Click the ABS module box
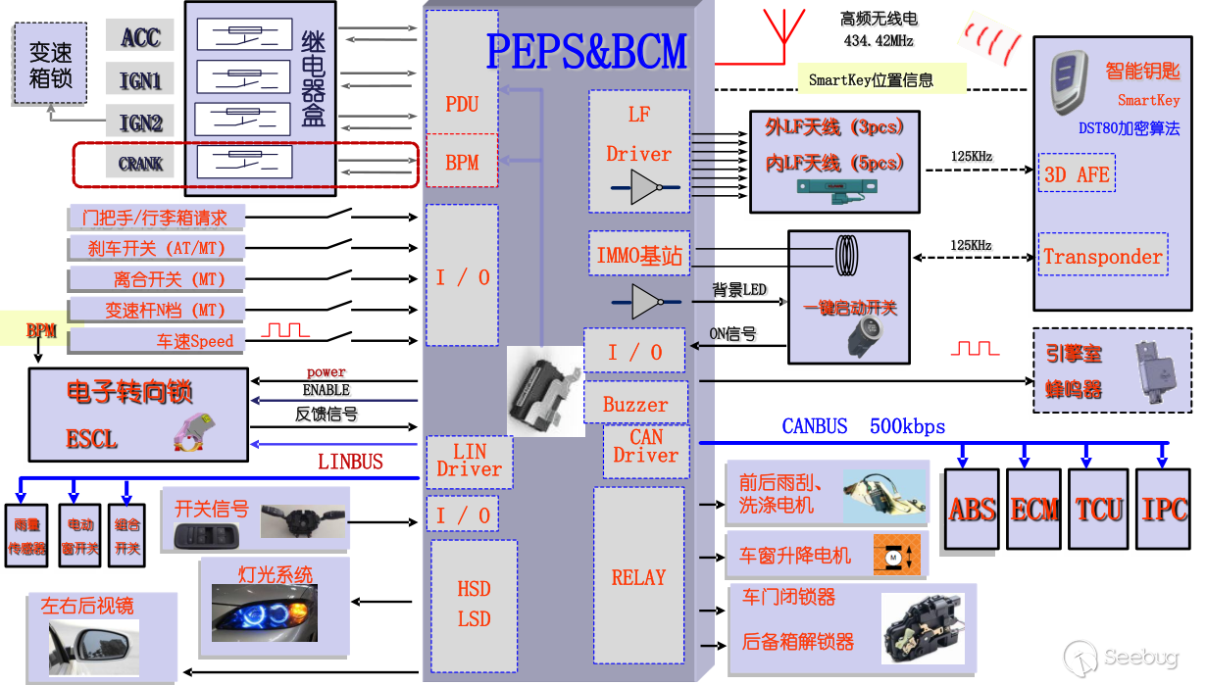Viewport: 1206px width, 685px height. click(972, 509)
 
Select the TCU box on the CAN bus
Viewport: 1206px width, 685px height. click(1098, 509)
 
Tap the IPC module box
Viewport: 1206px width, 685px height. click(1164, 509)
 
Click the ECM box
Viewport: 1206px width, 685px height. click(1034, 509)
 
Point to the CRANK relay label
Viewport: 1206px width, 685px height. click(140, 164)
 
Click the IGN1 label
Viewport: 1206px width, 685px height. click(140, 80)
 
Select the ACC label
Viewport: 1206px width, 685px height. click(140, 37)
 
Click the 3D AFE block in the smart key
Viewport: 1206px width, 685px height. click(1077, 174)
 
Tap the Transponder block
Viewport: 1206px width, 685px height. click(1103, 257)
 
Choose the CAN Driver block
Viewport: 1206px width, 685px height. click(645, 447)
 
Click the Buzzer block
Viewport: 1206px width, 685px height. click(635, 404)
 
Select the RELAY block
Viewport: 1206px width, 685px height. click(638, 578)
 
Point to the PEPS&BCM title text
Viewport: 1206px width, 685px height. click(586, 51)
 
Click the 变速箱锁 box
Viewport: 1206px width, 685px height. click(51, 65)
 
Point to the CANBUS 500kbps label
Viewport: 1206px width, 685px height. click(863, 426)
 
